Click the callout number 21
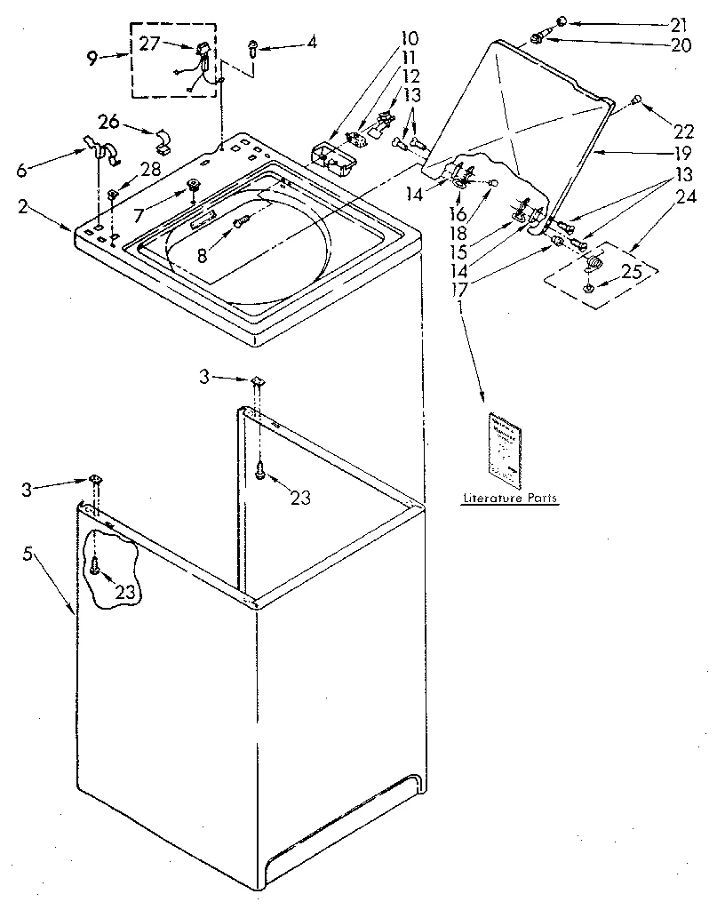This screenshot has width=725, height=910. [x=680, y=24]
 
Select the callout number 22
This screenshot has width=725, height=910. [x=683, y=132]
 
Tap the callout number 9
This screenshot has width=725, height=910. [x=93, y=60]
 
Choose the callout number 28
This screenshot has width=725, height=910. [x=149, y=169]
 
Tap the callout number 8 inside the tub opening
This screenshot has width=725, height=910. [x=203, y=256]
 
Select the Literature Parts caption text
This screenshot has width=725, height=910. [x=509, y=499]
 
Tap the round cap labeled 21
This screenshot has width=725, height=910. [x=562, y=21]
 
